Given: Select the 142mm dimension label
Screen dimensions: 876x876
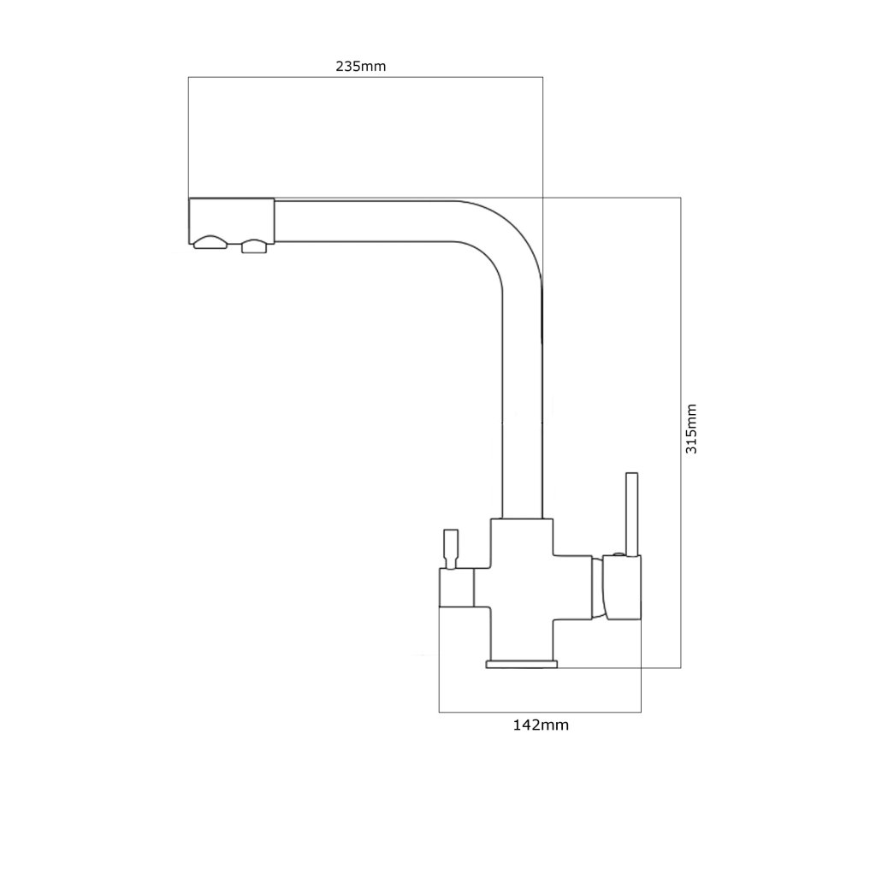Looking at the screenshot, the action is pyautogui.click(x=541, y=725).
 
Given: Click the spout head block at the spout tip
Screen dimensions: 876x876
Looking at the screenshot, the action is pyautogui.click(x=231, y=220).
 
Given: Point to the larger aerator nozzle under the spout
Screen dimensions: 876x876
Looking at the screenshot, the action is pyautogui.click(x=210, y=243).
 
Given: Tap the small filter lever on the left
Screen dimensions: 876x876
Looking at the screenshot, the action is pyautogui.click(x=450, y=547).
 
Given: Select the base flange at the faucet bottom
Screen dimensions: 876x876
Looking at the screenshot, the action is pyautogui.click(x=521, y=664).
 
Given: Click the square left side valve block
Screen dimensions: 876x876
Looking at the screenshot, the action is pyautogui.click(x=456, y=589).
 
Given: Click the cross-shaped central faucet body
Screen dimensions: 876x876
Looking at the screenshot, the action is pyautogui.click(x=522, y=582).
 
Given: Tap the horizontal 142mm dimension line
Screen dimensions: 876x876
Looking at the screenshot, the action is pyautogui.click(x=540, y=711).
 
